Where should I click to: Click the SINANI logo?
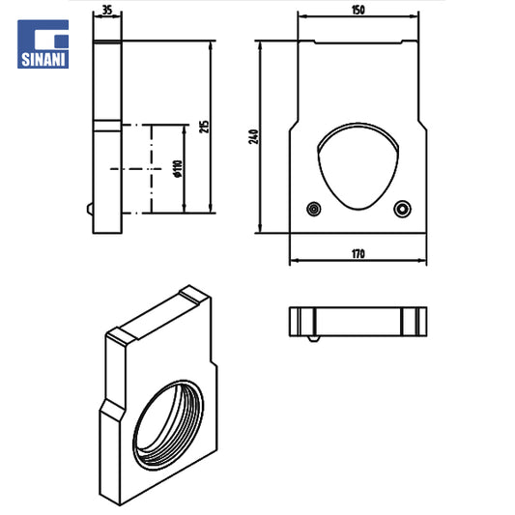pos(43,44)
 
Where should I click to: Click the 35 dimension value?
pos(107,10)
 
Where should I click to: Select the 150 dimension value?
pos(358,11)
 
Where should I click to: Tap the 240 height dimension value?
pos(253,136)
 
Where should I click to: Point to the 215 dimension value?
pos(204,127)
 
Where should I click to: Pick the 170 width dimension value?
pos(358,254)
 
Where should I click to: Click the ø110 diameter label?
pos(178,168)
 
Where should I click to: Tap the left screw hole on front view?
pos(314,209)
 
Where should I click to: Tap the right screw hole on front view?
pos(402,209)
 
